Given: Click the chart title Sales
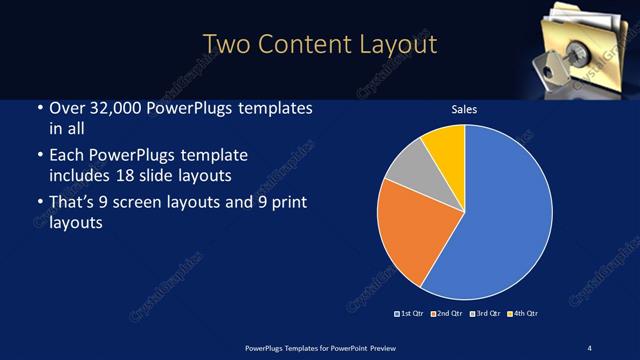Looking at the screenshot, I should pyautogui.click(x=464, y=111).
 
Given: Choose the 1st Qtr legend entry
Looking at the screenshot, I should pyautogui.click(x=411, y=314).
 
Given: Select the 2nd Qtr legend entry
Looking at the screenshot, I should pyautogui.click(x=447, y=314).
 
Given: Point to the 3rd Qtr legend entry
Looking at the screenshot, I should pyautogui.click(x=484, y=314).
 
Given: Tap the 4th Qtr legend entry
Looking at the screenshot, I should pyautogui.click(x=522, y=314).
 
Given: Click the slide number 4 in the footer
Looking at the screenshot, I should pyautogui.click(x=590, y=347).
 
